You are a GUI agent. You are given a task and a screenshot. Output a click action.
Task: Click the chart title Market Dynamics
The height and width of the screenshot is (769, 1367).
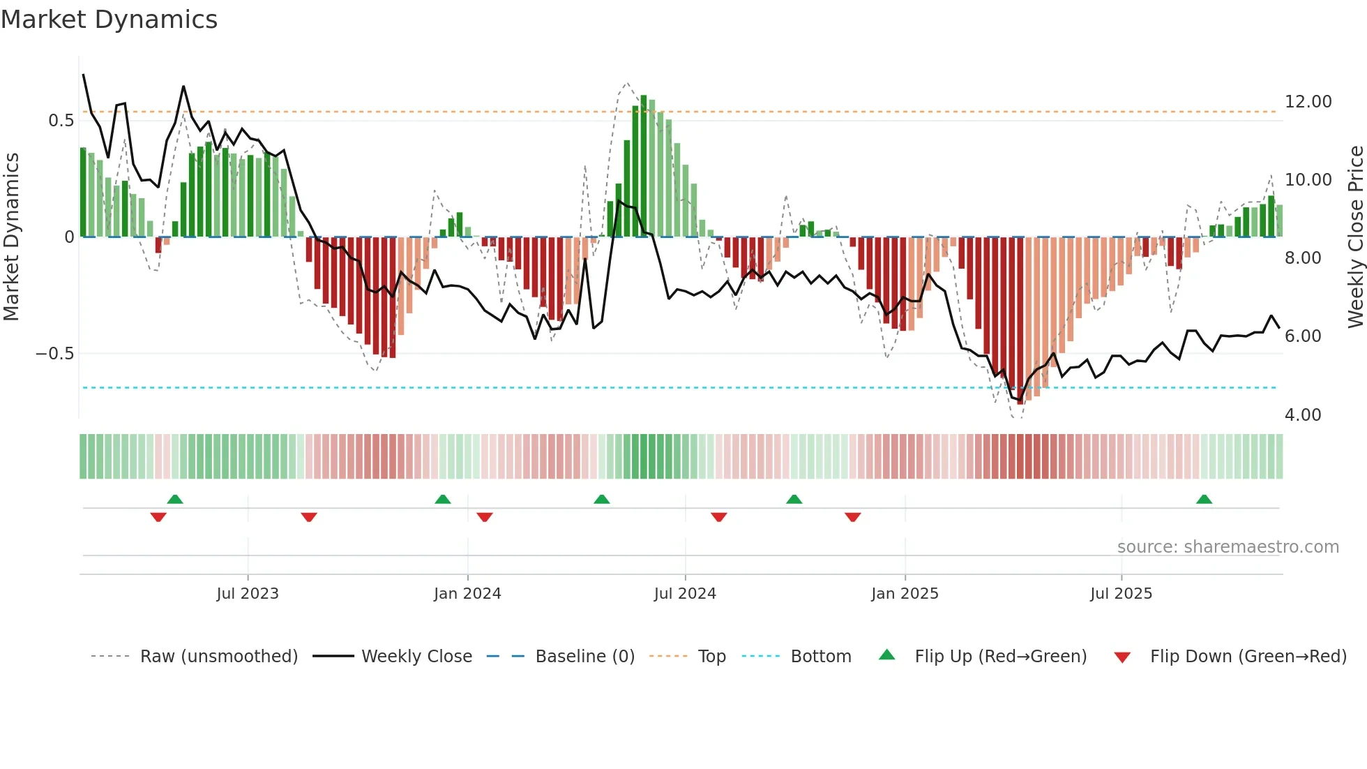(109, 20)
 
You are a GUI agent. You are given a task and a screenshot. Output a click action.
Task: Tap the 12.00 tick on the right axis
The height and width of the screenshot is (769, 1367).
(1308, 102)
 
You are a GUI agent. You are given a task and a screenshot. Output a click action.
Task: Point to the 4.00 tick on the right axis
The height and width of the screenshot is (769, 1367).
(1303, 415)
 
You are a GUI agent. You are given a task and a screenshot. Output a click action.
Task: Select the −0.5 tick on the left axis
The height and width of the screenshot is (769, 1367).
(55, 354)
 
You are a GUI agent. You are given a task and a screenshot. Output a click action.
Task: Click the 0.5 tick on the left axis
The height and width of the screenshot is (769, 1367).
(61, 121)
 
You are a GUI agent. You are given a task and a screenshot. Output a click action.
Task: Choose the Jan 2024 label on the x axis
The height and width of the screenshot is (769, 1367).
(467, 594)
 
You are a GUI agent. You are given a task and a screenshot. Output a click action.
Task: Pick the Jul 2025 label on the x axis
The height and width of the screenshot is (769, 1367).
(1121, 594)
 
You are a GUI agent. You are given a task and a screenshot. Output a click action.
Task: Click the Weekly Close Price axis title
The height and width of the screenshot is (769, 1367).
(1355, 237)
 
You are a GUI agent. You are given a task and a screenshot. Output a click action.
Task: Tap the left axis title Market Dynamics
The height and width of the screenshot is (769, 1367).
(12, 237)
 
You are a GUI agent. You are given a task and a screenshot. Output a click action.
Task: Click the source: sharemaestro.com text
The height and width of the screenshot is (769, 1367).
(1228, 547)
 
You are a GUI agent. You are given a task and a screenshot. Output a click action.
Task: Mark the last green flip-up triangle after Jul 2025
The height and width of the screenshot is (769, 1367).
(1204, 500)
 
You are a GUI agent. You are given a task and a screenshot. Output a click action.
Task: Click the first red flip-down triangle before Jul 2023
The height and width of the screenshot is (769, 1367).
(158, 517)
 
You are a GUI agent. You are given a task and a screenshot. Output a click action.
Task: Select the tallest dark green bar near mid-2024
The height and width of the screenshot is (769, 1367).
(644, 166)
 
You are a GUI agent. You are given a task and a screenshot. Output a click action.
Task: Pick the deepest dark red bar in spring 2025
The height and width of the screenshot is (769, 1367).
(1020, 321)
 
